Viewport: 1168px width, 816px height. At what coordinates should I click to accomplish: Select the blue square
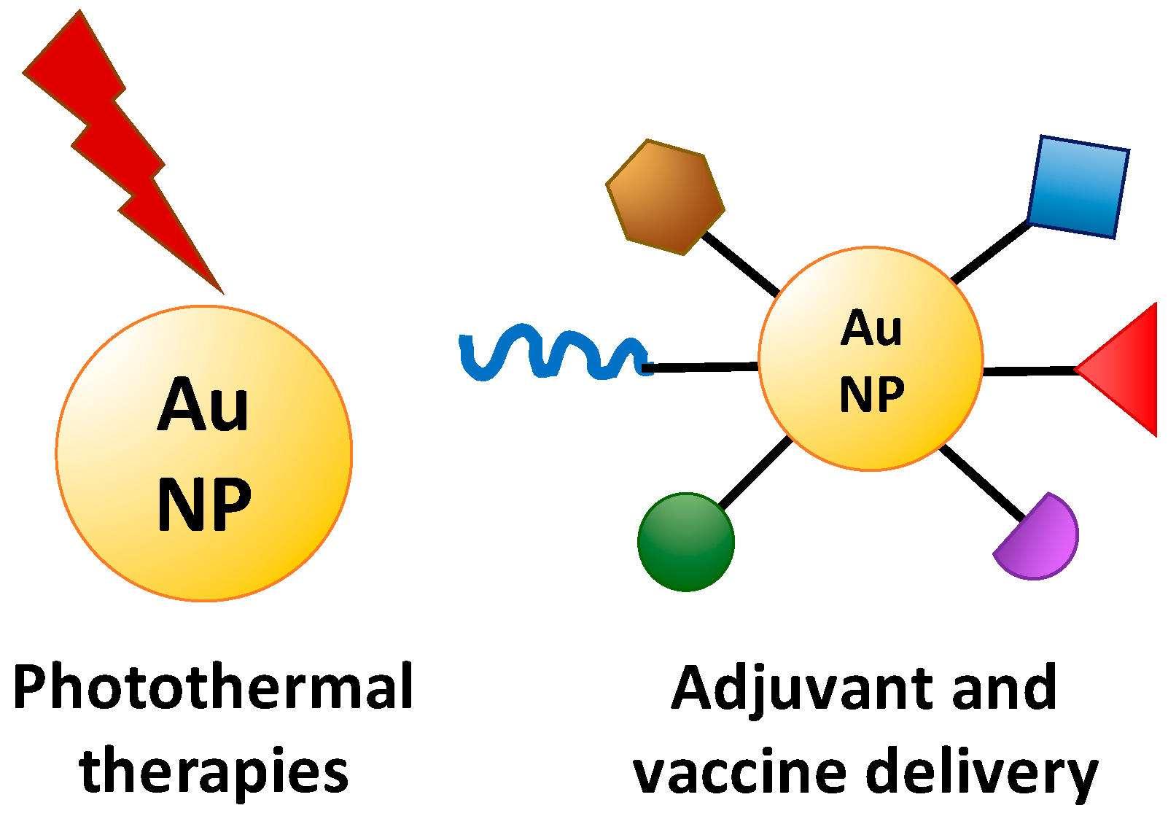(1078, 187)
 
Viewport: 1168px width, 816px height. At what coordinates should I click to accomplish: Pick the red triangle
(1126, 370)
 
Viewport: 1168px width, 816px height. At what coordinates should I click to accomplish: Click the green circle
(685, 542)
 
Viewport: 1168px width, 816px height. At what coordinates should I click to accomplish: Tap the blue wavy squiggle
(547, 354)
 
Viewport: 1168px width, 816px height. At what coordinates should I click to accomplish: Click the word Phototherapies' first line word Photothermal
(213, 688)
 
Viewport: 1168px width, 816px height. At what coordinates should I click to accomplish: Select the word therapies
(213, 772)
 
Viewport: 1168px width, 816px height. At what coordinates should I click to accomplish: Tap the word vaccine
(736, 773)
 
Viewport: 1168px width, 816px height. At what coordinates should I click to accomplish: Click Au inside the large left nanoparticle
(203, 405)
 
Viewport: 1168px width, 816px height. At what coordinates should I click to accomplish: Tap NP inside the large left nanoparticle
(204, 503)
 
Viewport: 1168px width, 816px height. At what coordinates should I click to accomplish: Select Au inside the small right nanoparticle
(871, 328)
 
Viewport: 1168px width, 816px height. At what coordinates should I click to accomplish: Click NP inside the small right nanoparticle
(872, 395)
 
